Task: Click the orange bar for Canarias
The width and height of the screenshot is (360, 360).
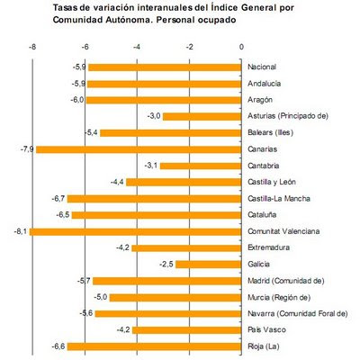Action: [x=139, y=149]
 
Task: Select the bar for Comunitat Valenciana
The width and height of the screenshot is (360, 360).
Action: [x=135, y=231]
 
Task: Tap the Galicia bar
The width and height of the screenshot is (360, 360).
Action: [x=209, y=265]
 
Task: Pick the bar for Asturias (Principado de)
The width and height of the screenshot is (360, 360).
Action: [x=202, y=116]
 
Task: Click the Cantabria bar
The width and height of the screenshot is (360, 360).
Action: [x=201, y=166]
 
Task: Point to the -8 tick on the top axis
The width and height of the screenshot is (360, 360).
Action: [x=32, y=47]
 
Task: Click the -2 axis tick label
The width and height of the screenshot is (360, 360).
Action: [x=189, y=47]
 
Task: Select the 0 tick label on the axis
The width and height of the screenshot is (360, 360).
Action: [x=241, y=47]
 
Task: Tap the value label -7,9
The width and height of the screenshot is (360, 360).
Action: [x=27, y=149]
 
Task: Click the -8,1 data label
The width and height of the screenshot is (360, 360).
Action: [x=21, y=231]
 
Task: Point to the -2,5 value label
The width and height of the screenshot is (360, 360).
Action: [x=166, y=265]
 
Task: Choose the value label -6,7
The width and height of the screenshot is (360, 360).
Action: [x=58, y=198]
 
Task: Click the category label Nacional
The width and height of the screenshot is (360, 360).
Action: [x=262, y=67]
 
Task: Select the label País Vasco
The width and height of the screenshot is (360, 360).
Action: [x=266, y=329]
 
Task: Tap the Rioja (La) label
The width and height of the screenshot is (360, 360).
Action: [x=264, y=346]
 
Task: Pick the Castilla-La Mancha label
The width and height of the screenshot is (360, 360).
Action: [x=279, y=198]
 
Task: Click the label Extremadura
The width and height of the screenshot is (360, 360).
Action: [x=268, y=247]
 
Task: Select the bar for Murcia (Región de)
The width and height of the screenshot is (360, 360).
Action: [x=175, y=298]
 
